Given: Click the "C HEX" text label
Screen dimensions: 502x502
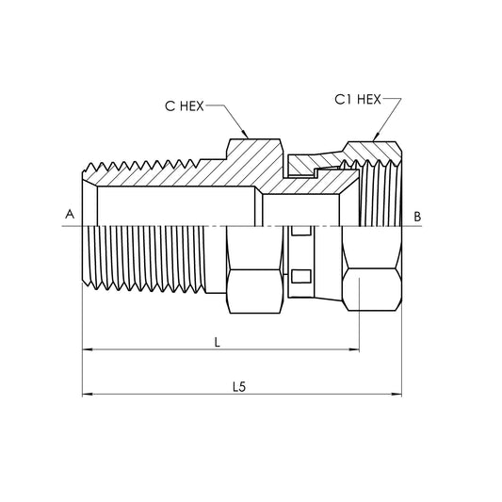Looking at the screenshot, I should click(186, 106).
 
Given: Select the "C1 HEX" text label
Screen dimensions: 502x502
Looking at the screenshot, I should click(357, 99).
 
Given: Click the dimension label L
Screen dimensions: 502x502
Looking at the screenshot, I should click(218, 343).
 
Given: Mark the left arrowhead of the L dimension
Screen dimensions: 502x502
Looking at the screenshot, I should click(88, 350).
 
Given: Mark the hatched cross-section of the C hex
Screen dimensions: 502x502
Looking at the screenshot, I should click(252, 160).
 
